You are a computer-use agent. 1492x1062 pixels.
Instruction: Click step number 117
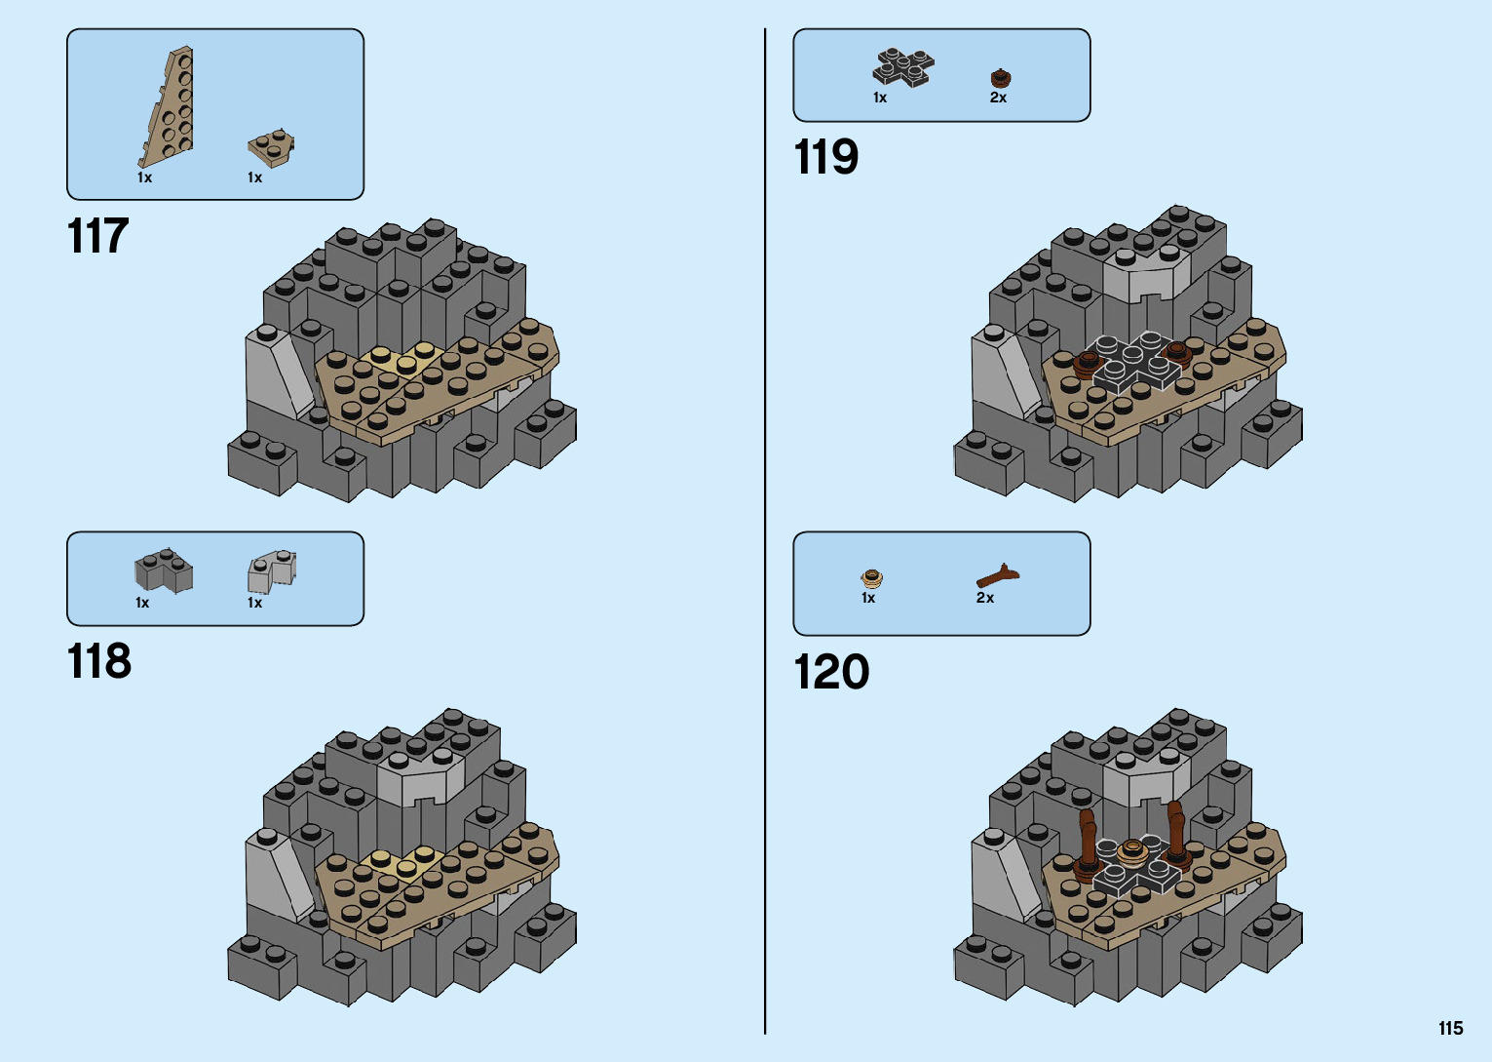coord(97,237)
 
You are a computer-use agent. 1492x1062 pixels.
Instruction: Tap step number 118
coord(98,662)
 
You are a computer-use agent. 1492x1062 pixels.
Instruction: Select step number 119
coord(825,158)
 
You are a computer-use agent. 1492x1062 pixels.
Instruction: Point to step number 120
coord(830,673)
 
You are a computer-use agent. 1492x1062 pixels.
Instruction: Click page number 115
coord(1450,1029)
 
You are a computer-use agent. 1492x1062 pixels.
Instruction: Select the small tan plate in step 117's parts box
coord(271,147)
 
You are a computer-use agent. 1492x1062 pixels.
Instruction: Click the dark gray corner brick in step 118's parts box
coord(163,570)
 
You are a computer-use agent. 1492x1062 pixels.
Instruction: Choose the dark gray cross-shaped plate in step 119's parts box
coord(902,67)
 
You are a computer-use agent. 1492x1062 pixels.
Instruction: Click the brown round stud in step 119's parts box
coord(1000,78)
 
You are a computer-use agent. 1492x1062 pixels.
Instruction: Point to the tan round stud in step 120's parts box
coord(871,578)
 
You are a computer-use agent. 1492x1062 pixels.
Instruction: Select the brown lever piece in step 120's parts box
coord(998,575)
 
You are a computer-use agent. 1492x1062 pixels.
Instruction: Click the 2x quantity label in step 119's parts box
coord(998,98)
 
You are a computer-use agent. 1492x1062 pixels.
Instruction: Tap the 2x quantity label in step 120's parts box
coord(985,598)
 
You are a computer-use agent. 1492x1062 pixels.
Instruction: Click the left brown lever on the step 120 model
coord(1087,839)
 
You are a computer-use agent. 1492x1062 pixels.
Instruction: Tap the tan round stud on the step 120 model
coord(1131,850)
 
